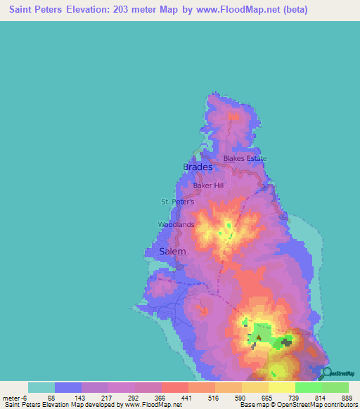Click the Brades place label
(198, 167)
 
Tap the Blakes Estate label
(245, 159)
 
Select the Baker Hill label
(208, 186)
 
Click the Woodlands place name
(176, 225)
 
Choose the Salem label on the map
(173, 252)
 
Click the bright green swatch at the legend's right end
(335, 387)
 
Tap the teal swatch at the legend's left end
(41, 387)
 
